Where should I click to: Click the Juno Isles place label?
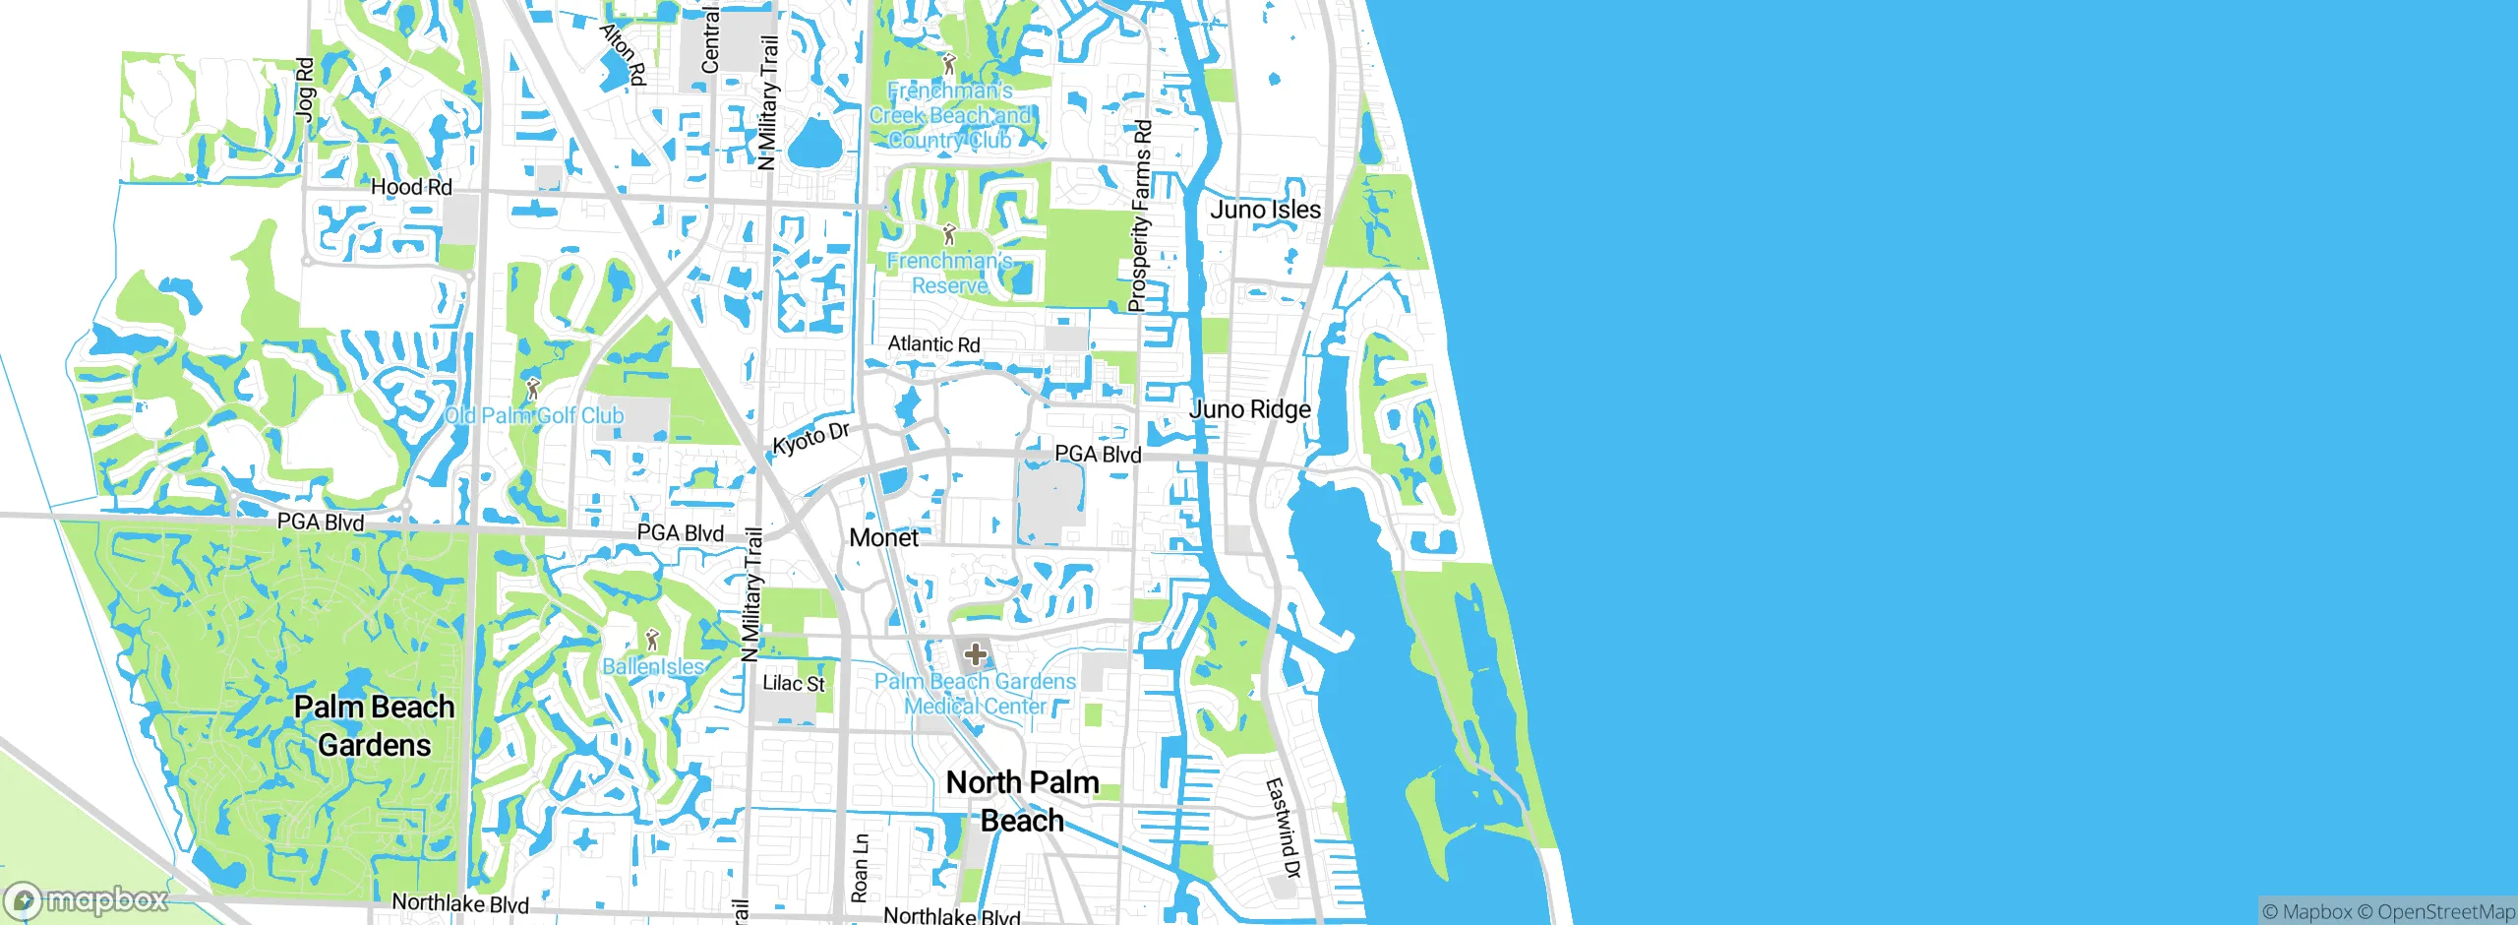pos(1265,210)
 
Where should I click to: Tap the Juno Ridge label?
pos(1250,409)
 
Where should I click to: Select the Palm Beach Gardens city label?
pos(375,725)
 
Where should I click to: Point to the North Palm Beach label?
pos(1022,801)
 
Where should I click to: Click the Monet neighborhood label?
pos(883,537)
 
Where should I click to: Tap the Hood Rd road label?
pos(411,187)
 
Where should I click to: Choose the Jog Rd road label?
pos(306,90)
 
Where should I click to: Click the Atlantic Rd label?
pos(933,344)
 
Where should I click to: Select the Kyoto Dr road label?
pos(810,439)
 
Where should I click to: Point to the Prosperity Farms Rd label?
pos(1140,216)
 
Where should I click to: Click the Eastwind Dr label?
pos(1283,828)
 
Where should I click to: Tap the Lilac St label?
pos(794,683)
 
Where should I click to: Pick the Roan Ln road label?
pos(860,869)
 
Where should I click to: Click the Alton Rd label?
pos(624,54)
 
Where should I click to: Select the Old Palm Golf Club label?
pos(534,415)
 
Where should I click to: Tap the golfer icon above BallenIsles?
pos(651,641)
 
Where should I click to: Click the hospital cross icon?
pos(975,654)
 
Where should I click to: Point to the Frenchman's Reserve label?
pos(949,274)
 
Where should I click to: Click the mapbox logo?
pos(87,900)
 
